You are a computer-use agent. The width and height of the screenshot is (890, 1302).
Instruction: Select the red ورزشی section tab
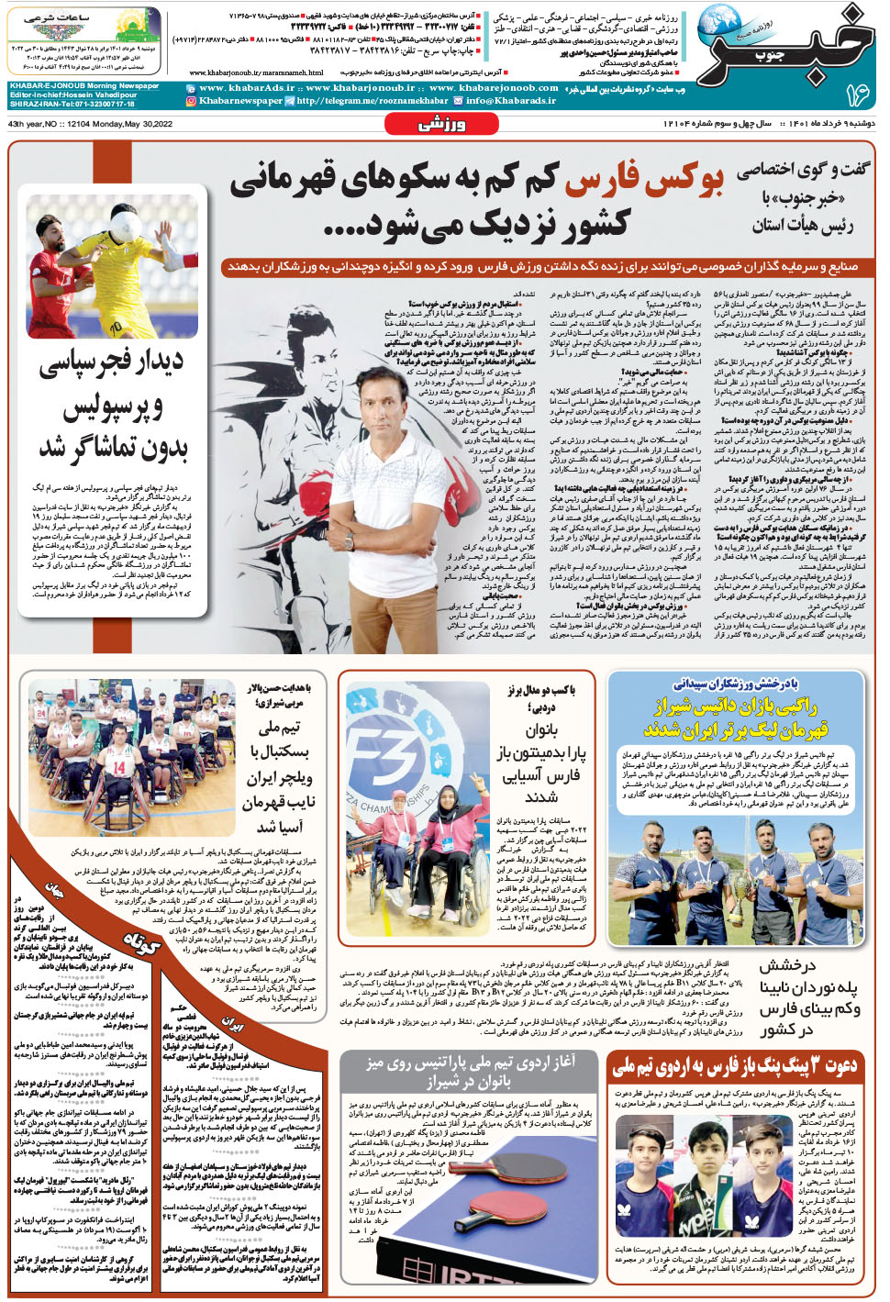click(443, 124)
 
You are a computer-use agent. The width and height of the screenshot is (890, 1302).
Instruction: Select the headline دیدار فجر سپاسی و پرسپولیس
click(112, 404)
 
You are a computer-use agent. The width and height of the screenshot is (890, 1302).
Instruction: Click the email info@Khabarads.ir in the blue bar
click(510, 101)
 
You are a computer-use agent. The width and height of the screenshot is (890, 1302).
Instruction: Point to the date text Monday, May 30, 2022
click(128, 124)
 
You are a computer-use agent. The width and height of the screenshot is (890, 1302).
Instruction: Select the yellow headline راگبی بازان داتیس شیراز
click(734, 707)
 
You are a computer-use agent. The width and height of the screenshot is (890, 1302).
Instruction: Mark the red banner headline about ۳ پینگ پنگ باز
click(735, 1066)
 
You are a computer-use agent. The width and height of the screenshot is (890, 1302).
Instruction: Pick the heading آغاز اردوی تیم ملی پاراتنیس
click(470, 1071)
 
